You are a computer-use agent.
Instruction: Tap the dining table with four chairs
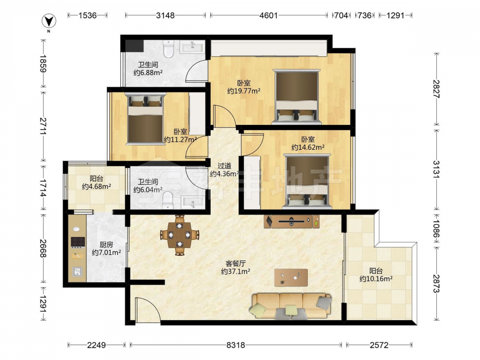pos(180,235)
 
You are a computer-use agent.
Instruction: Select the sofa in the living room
pos(290,305)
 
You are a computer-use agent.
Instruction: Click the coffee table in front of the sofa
pos(291,277)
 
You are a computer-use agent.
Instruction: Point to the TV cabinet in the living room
pos(292,221)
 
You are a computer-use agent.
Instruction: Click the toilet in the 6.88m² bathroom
pos(168,48)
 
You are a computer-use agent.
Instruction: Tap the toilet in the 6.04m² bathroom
pos(168,201)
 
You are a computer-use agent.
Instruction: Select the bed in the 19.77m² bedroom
pos(296,97)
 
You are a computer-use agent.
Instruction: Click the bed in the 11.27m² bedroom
pos(145,118)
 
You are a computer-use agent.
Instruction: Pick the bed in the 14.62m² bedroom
pos(307,181)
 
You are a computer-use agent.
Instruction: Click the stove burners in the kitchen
pos(78,242)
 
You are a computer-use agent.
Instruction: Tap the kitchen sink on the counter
pos(77,271)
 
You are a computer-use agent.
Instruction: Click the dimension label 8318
pos(236,345)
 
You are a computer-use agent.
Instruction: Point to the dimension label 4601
pos(268,15)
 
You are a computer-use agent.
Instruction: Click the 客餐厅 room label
pos(235,263)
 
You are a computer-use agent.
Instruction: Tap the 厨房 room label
pos(106,245)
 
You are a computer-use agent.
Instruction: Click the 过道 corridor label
pos(224,166)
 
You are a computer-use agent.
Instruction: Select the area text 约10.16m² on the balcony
pos(376,279)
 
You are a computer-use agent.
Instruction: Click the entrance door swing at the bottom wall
pos(148,309)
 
